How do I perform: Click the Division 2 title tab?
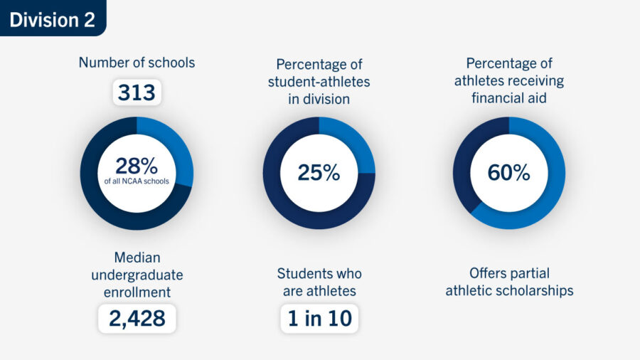point(52,18)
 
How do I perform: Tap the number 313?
point(137,92)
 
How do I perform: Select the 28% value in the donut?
point(137,166)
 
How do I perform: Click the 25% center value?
point(319,172)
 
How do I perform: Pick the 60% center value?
point(509,172)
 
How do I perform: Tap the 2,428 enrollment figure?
point(137,318)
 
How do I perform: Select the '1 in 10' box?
point(319,318)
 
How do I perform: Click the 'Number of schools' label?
point(137,63)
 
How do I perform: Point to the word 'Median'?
point(137,257)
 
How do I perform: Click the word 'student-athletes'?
point(319,82)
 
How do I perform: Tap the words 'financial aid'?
point(509,98)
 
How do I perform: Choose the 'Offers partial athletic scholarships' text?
point(509,282)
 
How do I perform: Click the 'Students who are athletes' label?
point(319,282)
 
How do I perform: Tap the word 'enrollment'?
point(137,291)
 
